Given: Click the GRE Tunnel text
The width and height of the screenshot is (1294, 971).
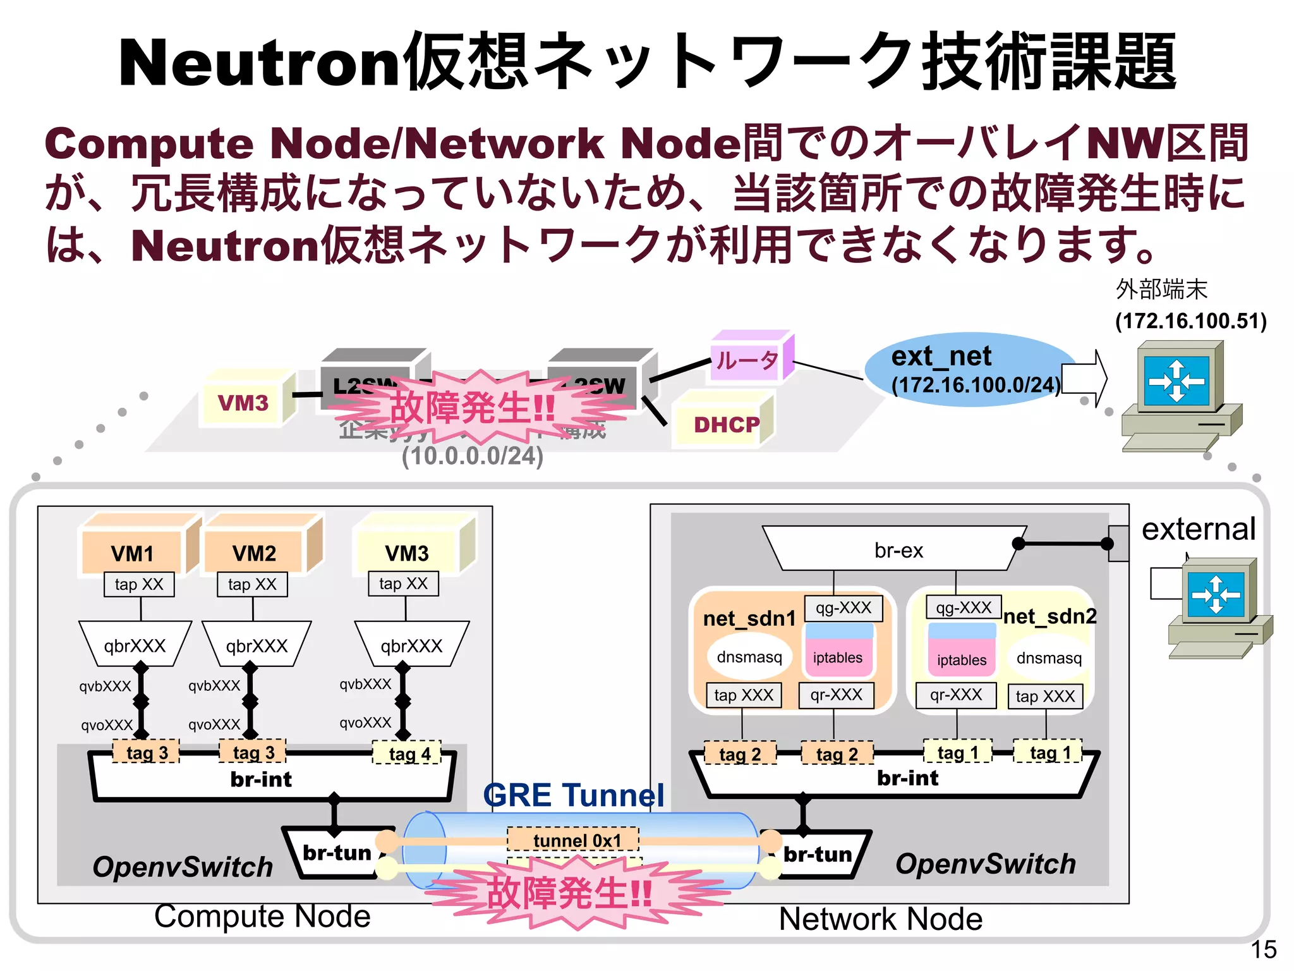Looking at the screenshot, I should point(572,795).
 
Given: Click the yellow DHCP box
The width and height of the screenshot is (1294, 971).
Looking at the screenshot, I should point(726,424).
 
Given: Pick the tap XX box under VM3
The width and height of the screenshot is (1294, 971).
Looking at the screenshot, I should point(403,583).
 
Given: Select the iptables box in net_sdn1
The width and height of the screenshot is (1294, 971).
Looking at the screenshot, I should point(837,657).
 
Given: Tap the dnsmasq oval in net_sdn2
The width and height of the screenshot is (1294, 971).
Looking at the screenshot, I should point(1048,658).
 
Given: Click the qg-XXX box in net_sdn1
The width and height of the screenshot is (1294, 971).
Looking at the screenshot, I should point(843,608).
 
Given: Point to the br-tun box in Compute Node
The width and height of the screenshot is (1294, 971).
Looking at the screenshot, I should point(337,853).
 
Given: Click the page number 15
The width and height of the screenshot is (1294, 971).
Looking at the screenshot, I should point(1263,949).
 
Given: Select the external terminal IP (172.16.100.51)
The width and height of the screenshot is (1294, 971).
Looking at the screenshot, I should point(1190,321).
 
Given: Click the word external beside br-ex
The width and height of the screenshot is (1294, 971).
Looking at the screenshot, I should point(1198,528).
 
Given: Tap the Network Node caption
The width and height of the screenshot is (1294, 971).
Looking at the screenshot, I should point(880,919).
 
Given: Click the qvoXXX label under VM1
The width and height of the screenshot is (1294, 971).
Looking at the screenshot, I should point(107,724).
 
